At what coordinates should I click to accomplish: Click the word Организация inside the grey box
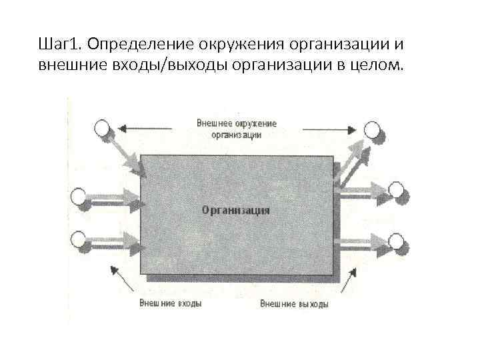coord(235,210)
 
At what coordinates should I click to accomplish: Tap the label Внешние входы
coord(171,303)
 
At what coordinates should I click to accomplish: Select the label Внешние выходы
coord(294,304)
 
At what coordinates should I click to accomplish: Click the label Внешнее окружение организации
coord(237,129)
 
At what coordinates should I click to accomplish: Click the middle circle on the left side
coord(79,197)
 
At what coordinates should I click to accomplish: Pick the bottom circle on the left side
coord(79,238)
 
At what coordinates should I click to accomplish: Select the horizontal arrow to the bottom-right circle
coord(363,239)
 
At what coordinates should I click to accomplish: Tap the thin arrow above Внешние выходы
coord(351,279)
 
